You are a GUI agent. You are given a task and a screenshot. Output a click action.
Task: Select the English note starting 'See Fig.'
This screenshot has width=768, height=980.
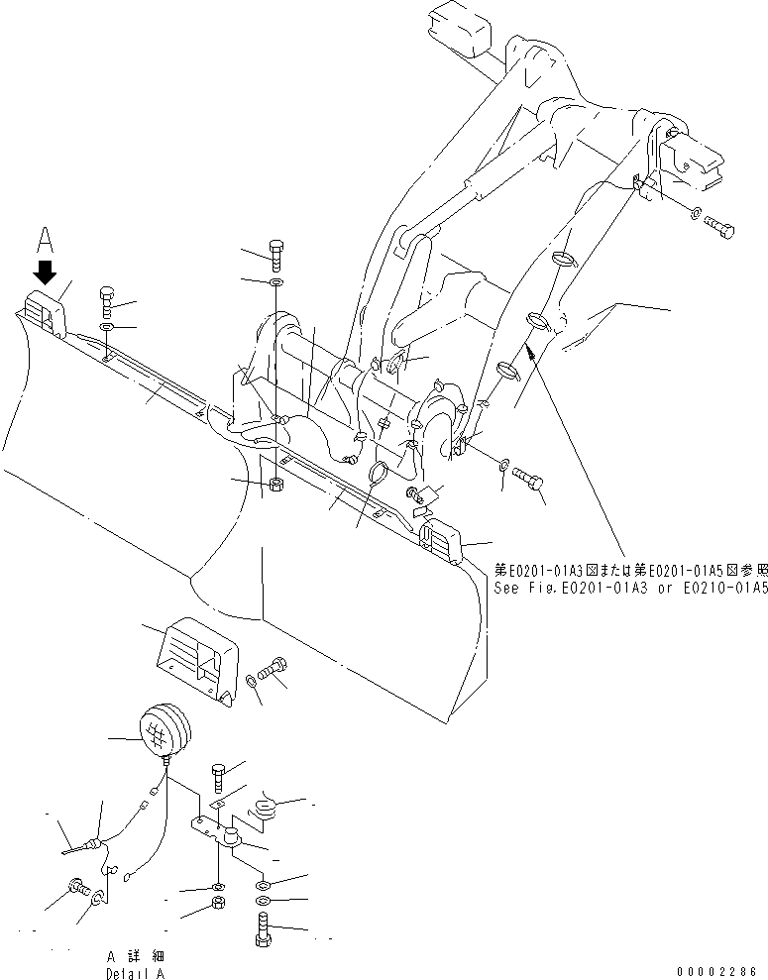point(630,588)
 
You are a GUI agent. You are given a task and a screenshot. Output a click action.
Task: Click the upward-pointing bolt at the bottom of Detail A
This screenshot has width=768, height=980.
point(262,932)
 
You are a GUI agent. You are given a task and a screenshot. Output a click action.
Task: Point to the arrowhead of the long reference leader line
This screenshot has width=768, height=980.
point(529,348)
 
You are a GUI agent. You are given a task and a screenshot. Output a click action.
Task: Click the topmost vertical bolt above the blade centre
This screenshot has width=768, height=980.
point(275,255)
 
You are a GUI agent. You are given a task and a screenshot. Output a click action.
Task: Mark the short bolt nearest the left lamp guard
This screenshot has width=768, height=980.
point(108,299)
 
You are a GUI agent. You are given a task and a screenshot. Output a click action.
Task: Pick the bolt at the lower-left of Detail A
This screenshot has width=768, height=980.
point(76,888)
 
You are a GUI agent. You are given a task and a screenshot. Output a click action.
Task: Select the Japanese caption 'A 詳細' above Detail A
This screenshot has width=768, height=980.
point(135,956)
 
